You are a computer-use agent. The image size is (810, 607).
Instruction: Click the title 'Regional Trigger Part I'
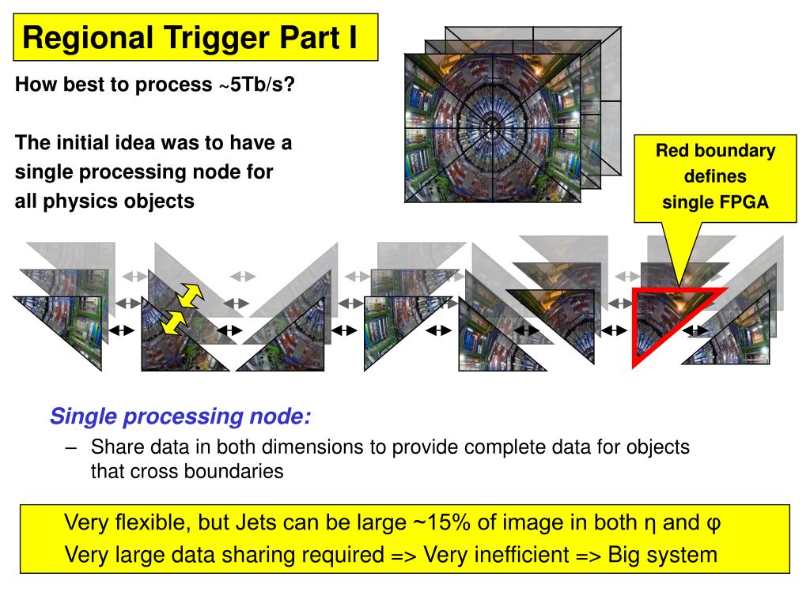click(x=190, y=38)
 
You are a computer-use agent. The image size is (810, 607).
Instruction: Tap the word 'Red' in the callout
click(x=672, y=151)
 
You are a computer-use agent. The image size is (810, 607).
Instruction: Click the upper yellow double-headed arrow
click(x=191, y=295)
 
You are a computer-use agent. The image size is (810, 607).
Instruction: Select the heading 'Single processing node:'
click(x=180, y=417)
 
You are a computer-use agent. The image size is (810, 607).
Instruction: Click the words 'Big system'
click(x=663, y=555)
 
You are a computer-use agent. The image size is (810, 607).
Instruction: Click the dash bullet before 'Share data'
click(x=72, y=447)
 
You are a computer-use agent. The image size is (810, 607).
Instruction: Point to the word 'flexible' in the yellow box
click(x=154, y=523)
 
